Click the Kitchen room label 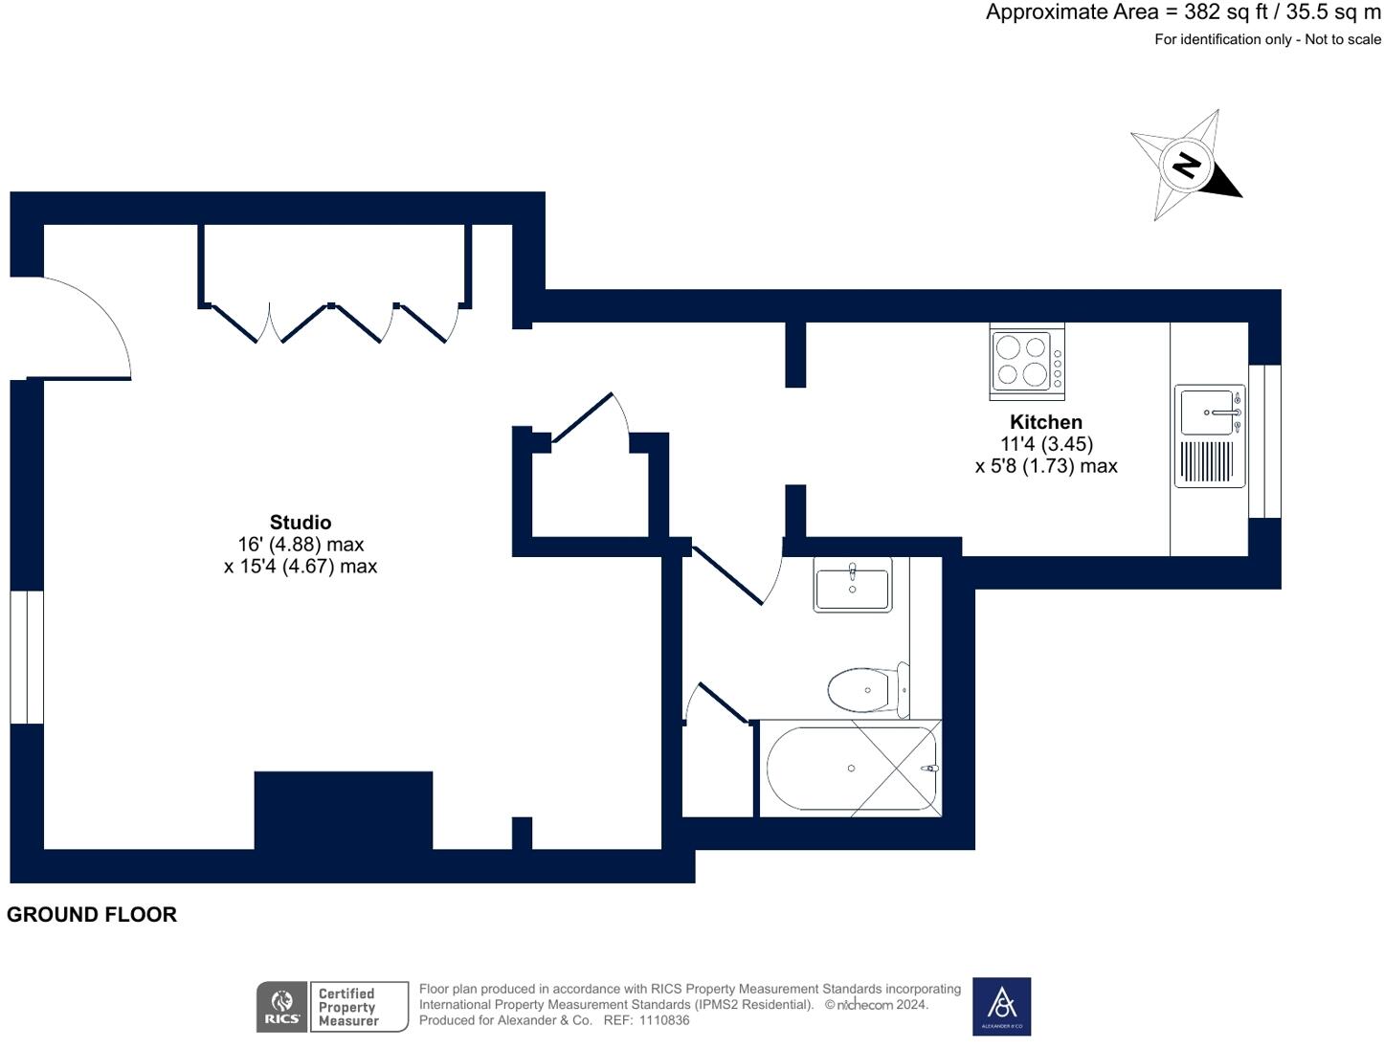pos(1045,422)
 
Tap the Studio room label pos(301,522)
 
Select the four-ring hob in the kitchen pos(1026,361)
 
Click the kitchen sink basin pos(1206,413)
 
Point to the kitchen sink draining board pos(1206,461)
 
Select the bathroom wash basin pos(852,585)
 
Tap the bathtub pos(851,769)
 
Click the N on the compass pos(1186,167)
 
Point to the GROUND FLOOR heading pos(92,915)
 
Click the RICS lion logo pos(281,1007)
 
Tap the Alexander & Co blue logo pos(1001,1006)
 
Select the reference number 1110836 pos(664,1020)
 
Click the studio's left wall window pos(27,657)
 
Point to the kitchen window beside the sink pos(1264,441)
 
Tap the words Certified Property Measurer pos(347,1007)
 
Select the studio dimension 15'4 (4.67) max pos(301,566)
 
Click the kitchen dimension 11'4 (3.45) pos(1046,444)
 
